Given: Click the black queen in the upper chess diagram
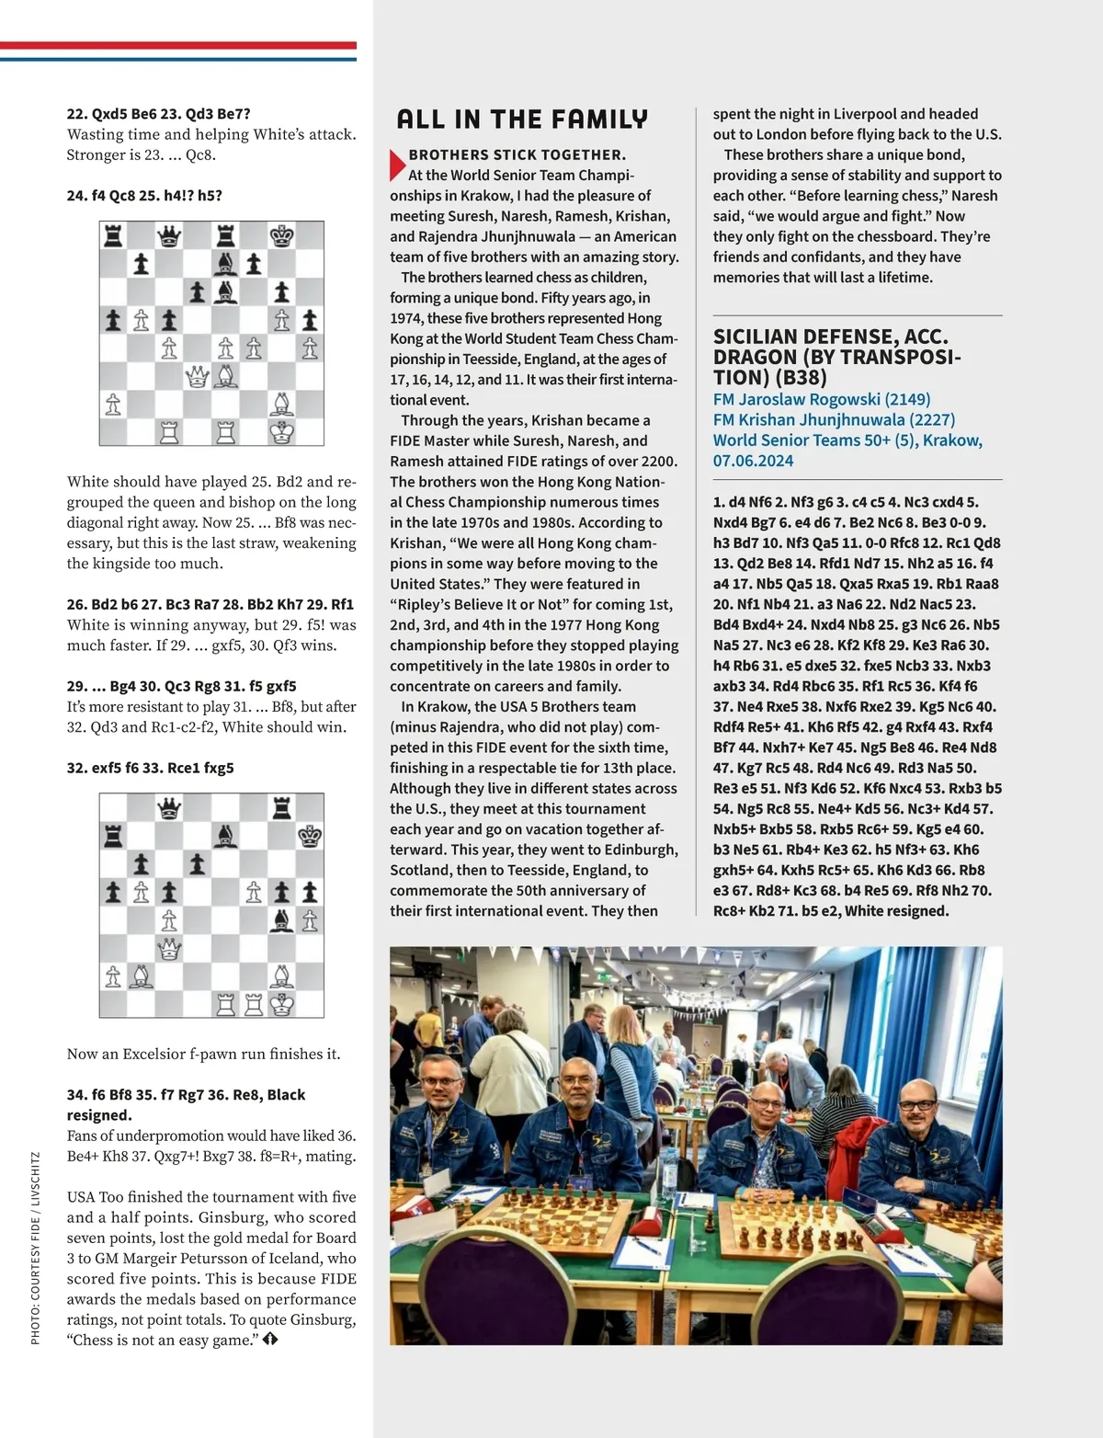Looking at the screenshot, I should point(169,236).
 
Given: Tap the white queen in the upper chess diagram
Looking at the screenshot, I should point(197,376).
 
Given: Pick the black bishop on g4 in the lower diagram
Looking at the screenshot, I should point(281,920).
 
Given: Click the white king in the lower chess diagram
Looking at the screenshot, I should point(282,1003).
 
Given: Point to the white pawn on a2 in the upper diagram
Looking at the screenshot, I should point(113,405).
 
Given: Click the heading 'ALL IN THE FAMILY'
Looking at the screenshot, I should point(522,120).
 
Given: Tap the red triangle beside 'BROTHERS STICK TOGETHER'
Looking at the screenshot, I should point(396,164).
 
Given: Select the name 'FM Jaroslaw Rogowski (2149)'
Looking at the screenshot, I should point(822,399).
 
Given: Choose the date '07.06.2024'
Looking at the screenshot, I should point(753,461).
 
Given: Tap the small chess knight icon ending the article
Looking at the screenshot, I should point(270,1340).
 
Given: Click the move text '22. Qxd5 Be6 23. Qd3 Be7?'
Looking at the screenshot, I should point(158,114).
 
